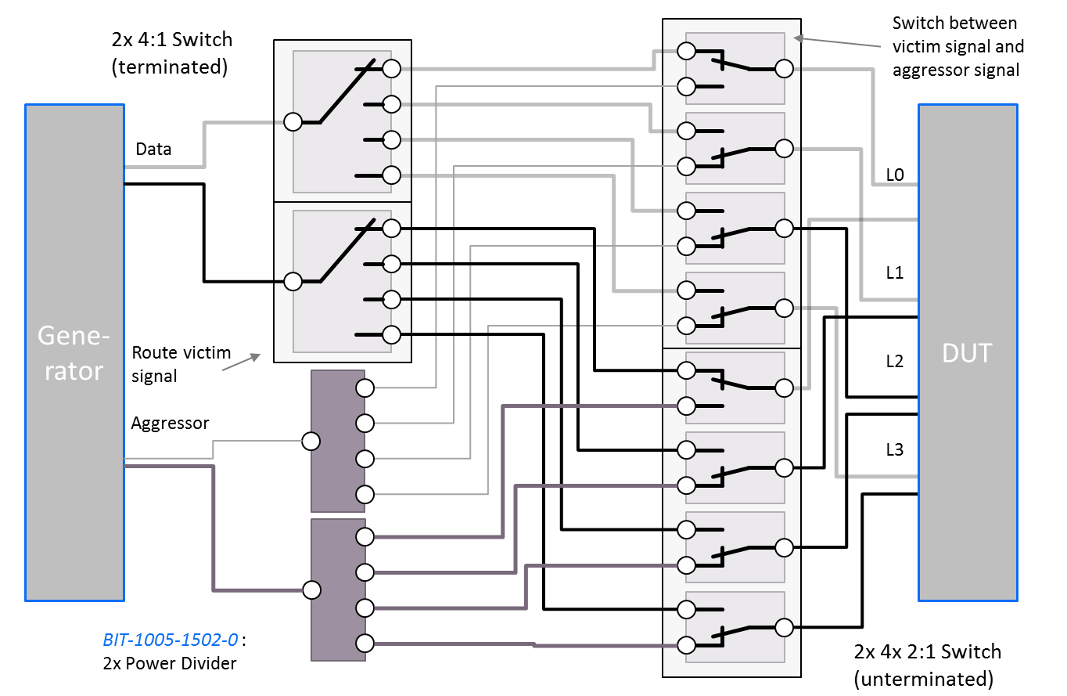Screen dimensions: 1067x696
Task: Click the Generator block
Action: (75, 352)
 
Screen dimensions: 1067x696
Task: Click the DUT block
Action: (968, 352)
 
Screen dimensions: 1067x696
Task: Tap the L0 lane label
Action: (895, 175)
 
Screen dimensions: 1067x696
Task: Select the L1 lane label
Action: (895, 272)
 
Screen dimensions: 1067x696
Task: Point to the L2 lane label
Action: (895, 361)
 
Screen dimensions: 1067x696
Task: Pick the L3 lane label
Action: (895, 449)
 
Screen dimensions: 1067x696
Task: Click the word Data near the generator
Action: (153, 150)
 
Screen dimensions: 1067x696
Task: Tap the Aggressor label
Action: (170, 424)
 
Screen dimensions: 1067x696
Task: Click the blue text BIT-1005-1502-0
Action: (171, 640)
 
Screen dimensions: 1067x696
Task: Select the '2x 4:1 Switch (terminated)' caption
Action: (172, 53)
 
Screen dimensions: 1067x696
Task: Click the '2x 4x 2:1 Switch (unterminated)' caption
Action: (927, 665)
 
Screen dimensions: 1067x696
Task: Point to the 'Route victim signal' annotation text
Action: (181, 364)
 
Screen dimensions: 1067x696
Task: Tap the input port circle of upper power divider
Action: (311, 442)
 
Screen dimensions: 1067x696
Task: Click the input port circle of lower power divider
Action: (311, 590)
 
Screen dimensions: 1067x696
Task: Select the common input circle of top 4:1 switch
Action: (293, 122)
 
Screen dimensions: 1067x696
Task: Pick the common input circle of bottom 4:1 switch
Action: (293, 281)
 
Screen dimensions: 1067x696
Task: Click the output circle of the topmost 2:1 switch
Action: (784, 69)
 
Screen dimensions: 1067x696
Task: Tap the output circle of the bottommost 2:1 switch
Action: (784, 627)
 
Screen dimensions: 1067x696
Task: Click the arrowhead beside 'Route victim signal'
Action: (257, 356)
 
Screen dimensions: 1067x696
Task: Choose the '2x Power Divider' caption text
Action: (170, 664)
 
